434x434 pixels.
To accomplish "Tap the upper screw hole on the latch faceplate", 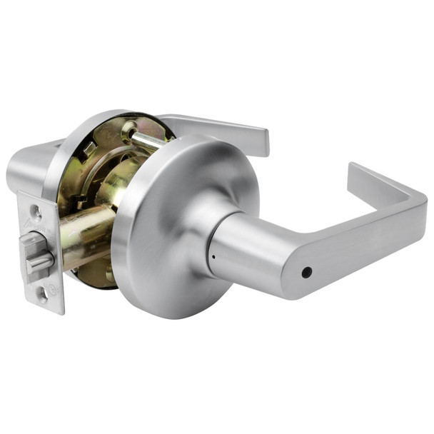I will tap(34, 211).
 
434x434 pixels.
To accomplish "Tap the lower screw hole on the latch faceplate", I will tap(44, 292).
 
